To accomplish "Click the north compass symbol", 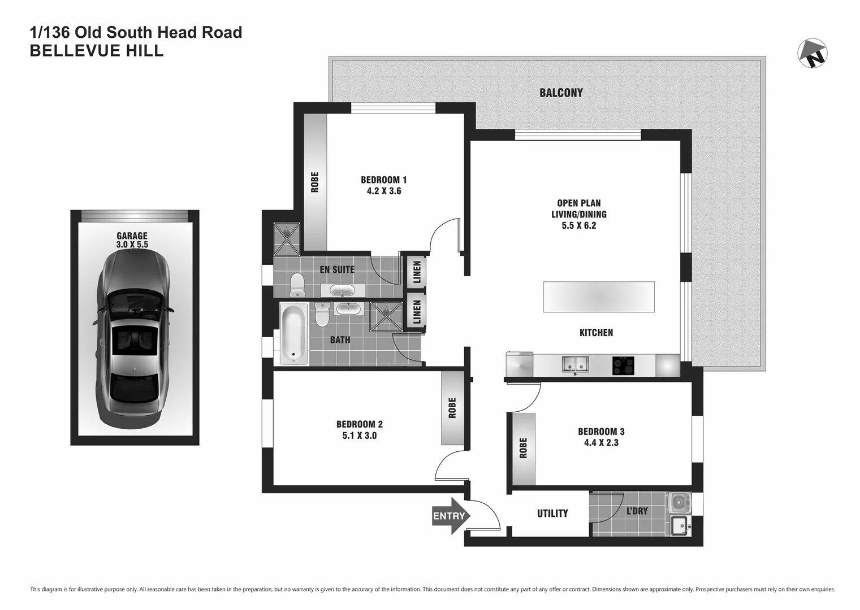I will (x=813, y=53).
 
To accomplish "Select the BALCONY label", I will (x=560, y=93).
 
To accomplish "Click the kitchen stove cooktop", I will (x=623, y=365).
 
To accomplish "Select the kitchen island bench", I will (x=599, y=297).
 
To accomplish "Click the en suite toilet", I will (x=296, y=285).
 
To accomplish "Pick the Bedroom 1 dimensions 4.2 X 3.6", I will (x=383, y=191).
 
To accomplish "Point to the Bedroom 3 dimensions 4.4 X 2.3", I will (x=601, y=443).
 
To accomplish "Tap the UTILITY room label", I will (x=552, y=513).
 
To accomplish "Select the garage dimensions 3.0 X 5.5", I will (x=132, y=245).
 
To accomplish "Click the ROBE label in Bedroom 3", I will (x=523, y=448).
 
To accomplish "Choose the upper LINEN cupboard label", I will (x=417, y=272).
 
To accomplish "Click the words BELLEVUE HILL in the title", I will (x=97, y=51).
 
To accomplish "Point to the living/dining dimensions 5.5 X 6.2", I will (x=578, y=225).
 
